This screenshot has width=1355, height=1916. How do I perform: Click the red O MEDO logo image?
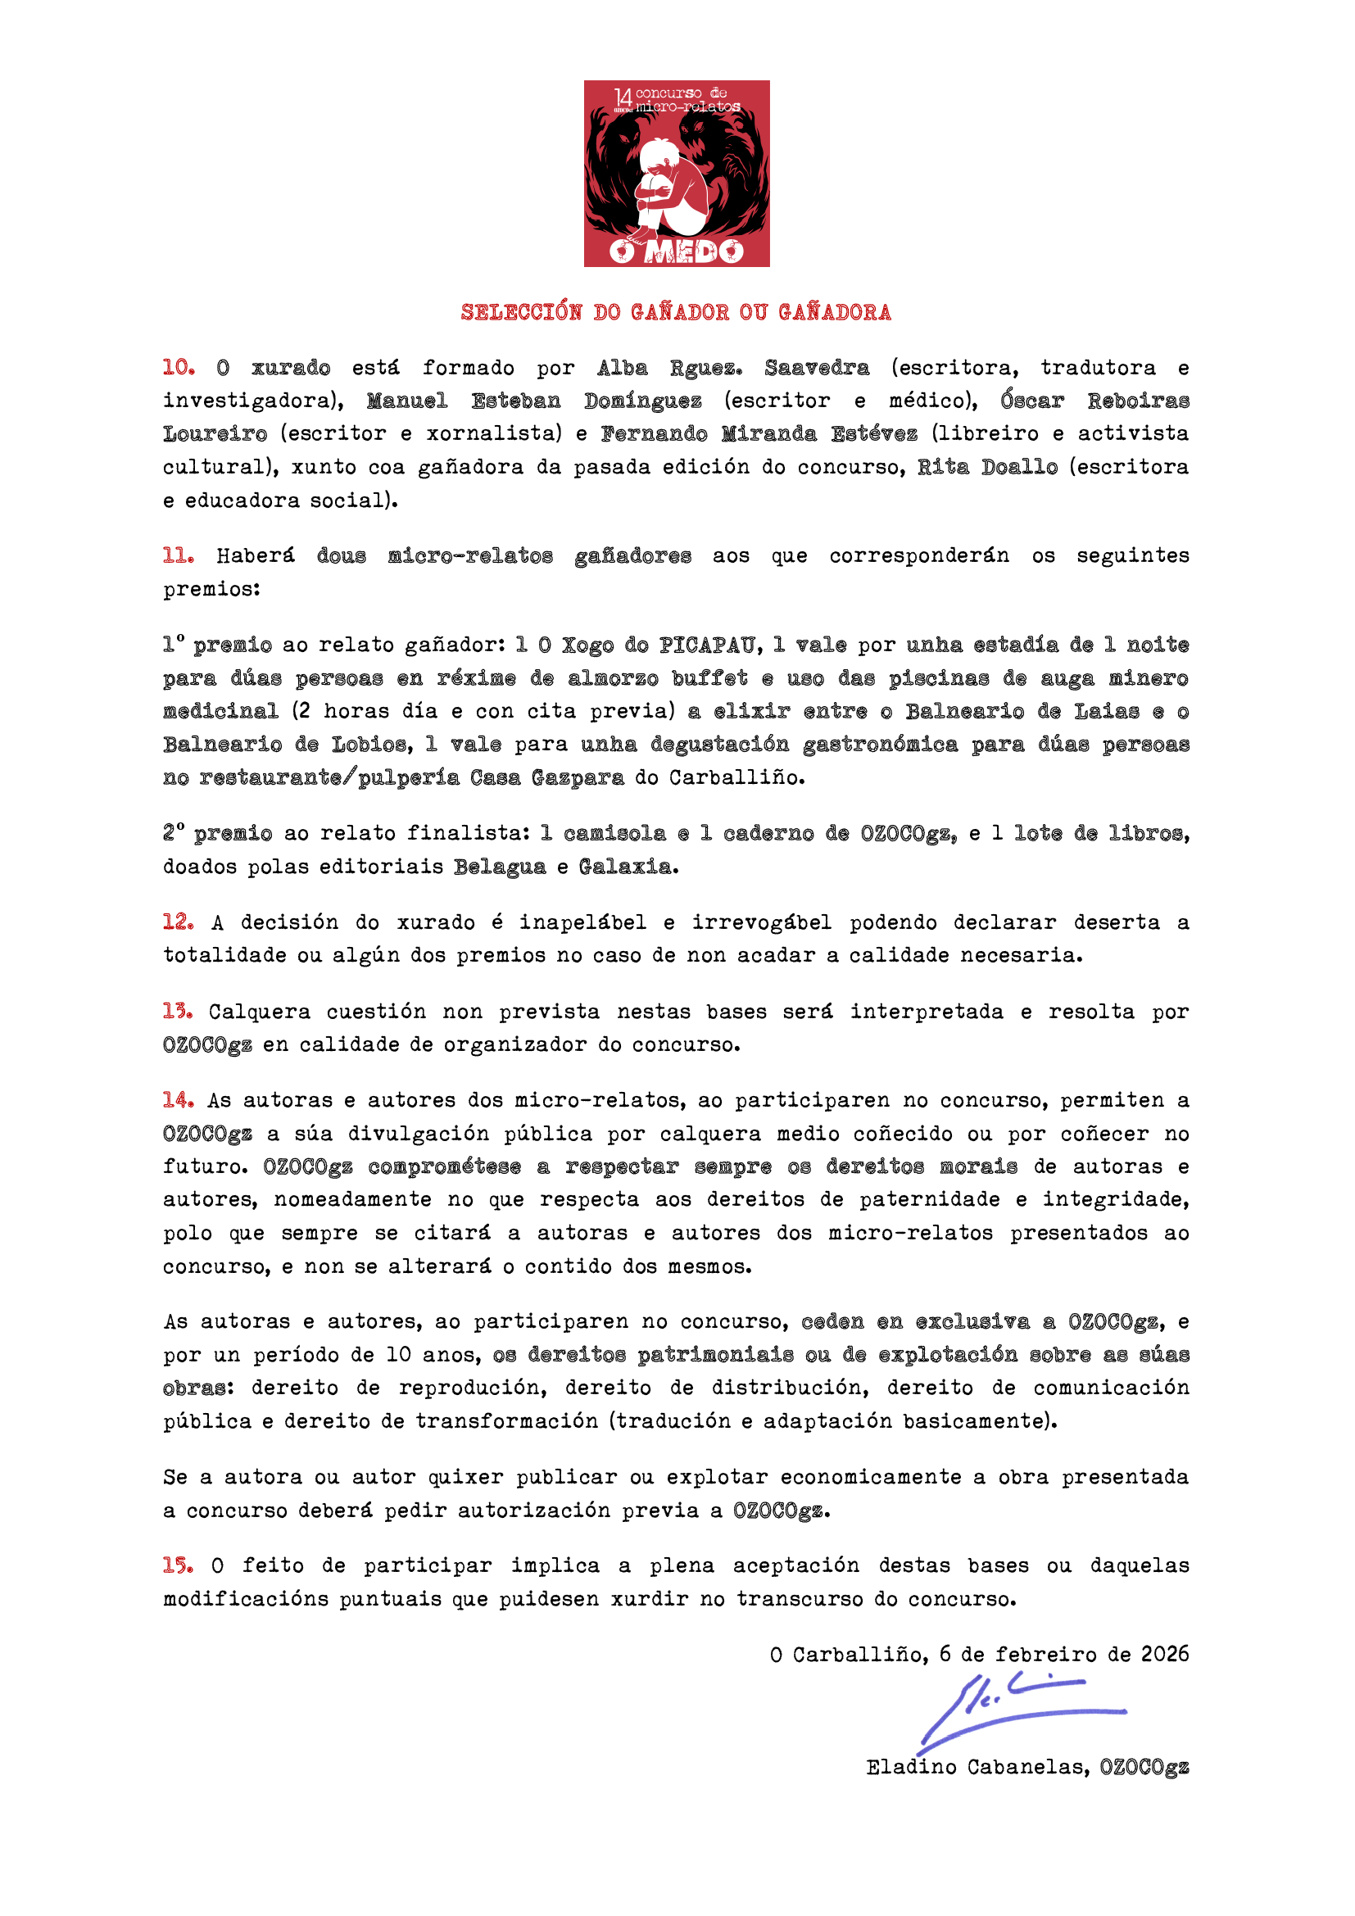(x=676, y=174)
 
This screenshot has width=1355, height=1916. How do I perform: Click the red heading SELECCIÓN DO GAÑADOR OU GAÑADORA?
(x=676, y=312)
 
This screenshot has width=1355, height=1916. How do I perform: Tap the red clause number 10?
(x=179, y=367)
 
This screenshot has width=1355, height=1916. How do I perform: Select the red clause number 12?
(x=179, y=922)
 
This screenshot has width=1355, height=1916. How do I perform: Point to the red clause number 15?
(x=179, y=1565)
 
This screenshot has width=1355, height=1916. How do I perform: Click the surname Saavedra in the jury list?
(x=816, y=368)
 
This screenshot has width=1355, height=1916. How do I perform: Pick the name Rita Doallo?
(x=987, y=467)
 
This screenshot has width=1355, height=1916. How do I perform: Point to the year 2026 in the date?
(x=1165, y=1654)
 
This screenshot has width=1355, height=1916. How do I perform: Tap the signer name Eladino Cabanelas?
(x=977, y=1767)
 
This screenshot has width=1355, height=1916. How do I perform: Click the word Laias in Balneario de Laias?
(x=1105, y=711)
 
